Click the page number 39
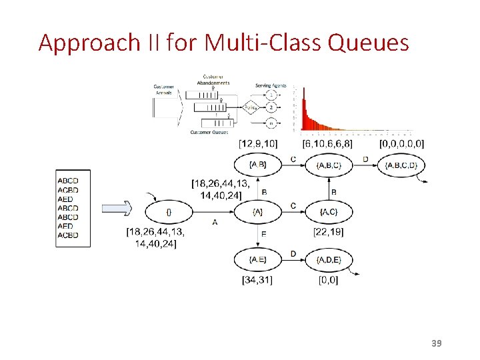pyautogui.click(x=437, y=343)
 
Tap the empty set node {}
pyautogui.click(x=169, y=212)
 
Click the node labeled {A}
pyautogui.click(x=258, y=212)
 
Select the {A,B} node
pyautogui.click(x=258, y=165)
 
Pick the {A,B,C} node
pyautogui.click(x=329, y=165)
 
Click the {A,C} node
pyautogui.click(x=329, y=212)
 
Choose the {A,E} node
pyautogui.click(x=258, y=259)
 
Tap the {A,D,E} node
pyautogui.click(x=329, y=259)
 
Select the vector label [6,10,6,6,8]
pyautogui.click(x=327, y=143)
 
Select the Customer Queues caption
pyautogui.click(x=209, y=132)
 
